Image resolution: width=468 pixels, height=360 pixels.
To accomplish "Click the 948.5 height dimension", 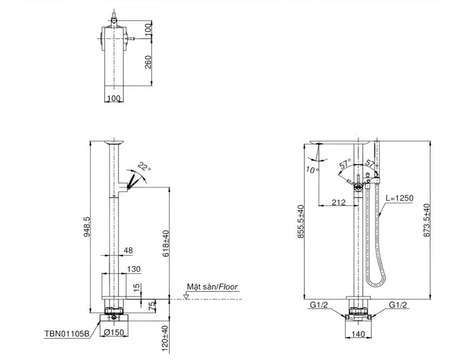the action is [x=87, y=227].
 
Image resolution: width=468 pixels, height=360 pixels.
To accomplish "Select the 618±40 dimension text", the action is [x=166, y=243].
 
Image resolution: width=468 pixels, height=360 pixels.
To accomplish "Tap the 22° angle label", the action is [x=144, y=167].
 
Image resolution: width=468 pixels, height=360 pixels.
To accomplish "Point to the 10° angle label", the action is [x=312, y=170].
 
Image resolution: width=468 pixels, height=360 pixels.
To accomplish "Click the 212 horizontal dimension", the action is [x=339, y=202].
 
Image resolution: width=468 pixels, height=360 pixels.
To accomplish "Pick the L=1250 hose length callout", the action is [x=399, y=198].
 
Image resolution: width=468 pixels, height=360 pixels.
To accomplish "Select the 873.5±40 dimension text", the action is [x=427, y=220].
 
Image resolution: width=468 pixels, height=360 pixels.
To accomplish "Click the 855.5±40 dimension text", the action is [x=301, y=221].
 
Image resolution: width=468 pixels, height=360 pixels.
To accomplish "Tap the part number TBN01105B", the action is [x=67, y=333].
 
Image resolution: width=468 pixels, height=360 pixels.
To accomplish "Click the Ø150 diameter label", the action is [x=114, y=332].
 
